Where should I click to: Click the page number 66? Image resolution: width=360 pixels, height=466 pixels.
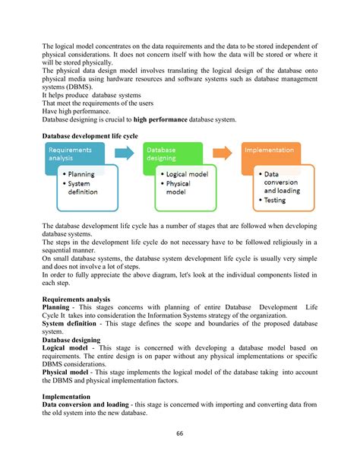coord(180,433)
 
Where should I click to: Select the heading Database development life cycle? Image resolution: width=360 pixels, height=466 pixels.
coord(90,135)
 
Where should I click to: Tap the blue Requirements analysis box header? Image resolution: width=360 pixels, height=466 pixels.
coord(71,154)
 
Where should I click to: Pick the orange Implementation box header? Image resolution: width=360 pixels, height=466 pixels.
coord(270,151)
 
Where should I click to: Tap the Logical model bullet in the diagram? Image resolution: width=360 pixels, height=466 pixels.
coord(183,174)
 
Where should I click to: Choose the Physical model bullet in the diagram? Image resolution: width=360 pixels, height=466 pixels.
coord(179,188)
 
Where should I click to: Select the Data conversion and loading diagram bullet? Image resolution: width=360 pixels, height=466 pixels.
coord(282,182)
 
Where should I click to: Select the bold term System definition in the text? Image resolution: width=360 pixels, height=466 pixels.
coord(72,323)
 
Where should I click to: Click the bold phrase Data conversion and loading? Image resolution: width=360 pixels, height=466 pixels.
coord(87,405)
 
